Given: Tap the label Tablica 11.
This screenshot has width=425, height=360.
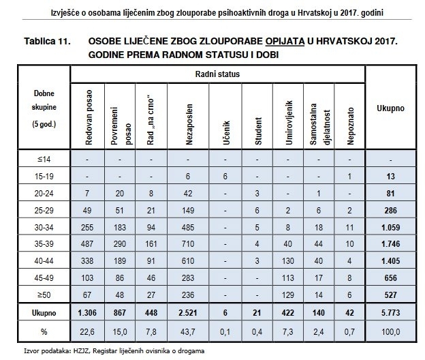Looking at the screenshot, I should click(x=48, y=42).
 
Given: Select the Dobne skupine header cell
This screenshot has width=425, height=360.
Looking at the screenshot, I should click(x=44, y=109).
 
